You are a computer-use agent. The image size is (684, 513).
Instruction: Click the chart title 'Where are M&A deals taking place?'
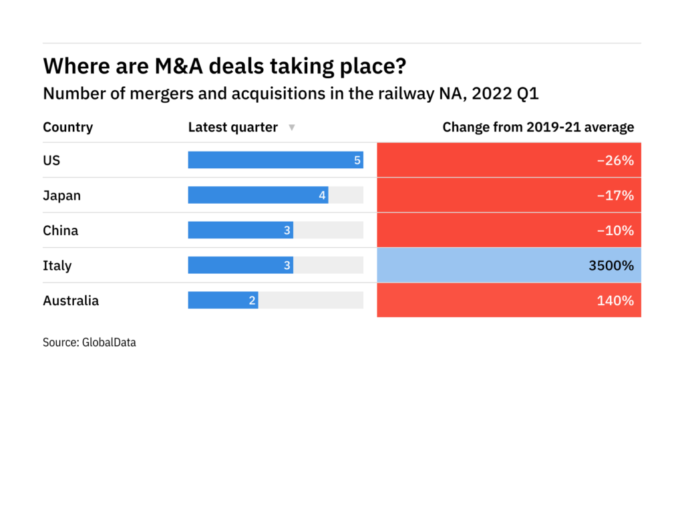point(224,67)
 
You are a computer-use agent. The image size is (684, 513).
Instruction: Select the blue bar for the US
point(275,160)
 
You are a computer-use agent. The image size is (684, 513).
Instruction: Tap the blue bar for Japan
point(258,195)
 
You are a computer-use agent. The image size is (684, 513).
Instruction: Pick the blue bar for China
point(240,230)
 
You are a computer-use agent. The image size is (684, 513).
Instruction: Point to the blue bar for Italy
point(240,265)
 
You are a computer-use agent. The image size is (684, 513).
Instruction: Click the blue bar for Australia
point(223,301)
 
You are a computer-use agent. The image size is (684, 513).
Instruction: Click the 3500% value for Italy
point(611,265)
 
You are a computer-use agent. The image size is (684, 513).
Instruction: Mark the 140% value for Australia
point(615,301)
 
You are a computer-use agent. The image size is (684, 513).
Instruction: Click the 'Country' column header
point(67,127)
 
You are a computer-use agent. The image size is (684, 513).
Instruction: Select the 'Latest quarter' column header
point(232,127)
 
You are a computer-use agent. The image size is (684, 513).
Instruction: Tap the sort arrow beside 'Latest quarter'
point(291,128)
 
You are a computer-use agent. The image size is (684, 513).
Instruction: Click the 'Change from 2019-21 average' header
point(538,127)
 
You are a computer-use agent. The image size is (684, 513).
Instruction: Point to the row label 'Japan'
point(61,195)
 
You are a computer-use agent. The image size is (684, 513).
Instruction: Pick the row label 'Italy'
point(57,265)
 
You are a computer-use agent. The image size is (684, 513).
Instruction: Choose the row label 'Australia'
point(70,301)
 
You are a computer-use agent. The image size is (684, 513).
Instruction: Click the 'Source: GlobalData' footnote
point(89,343)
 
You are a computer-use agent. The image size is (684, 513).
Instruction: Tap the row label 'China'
point(60,230)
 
